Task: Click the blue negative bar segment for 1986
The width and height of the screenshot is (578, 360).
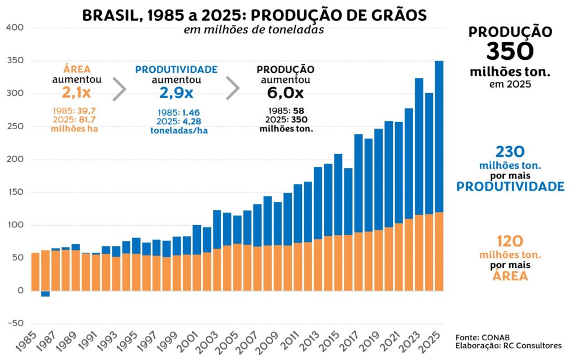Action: [45, 293]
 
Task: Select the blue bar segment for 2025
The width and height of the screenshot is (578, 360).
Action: [439, 135]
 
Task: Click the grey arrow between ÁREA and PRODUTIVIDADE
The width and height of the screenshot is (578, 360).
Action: [119, 89]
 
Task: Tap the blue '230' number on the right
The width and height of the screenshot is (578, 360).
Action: [510, 152]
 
